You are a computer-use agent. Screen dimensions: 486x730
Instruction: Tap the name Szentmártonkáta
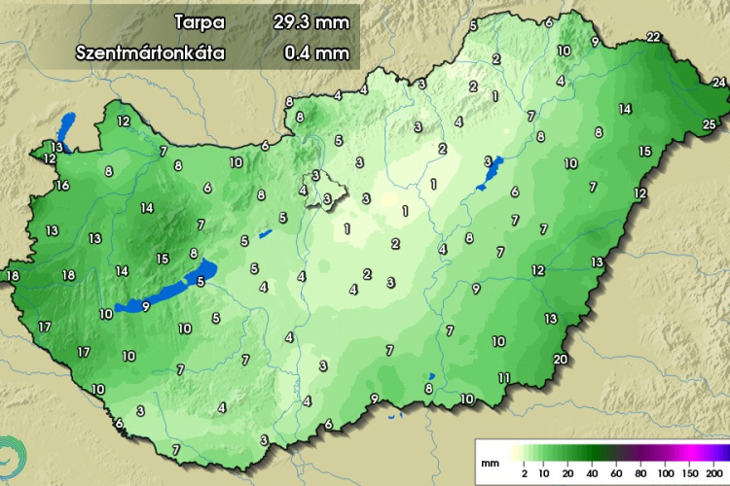(150, 52)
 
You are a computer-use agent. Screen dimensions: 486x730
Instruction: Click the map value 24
(718, 84)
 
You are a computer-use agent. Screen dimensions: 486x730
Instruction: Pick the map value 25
(710, 123)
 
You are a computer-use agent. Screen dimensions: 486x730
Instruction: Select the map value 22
(653, 38)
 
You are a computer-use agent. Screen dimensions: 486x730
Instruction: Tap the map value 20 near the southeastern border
(560, 360)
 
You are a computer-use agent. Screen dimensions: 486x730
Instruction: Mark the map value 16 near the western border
(62, 186)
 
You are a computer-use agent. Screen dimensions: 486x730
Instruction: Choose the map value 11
(504, 377)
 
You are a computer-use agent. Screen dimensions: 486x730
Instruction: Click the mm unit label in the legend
(493, 452)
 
